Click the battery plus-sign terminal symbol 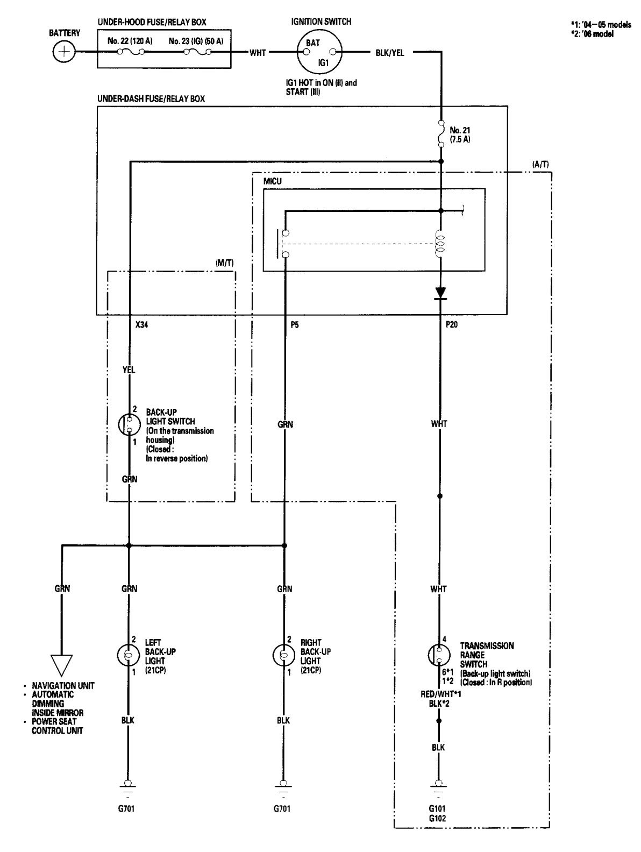[65, 52]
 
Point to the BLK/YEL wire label [390, 52]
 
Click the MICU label [272, 182]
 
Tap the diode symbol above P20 [440, 293]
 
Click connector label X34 [142, 325]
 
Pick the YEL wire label [129, 370]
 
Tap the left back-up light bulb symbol [128, 655]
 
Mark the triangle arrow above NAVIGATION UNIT [62, 665]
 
